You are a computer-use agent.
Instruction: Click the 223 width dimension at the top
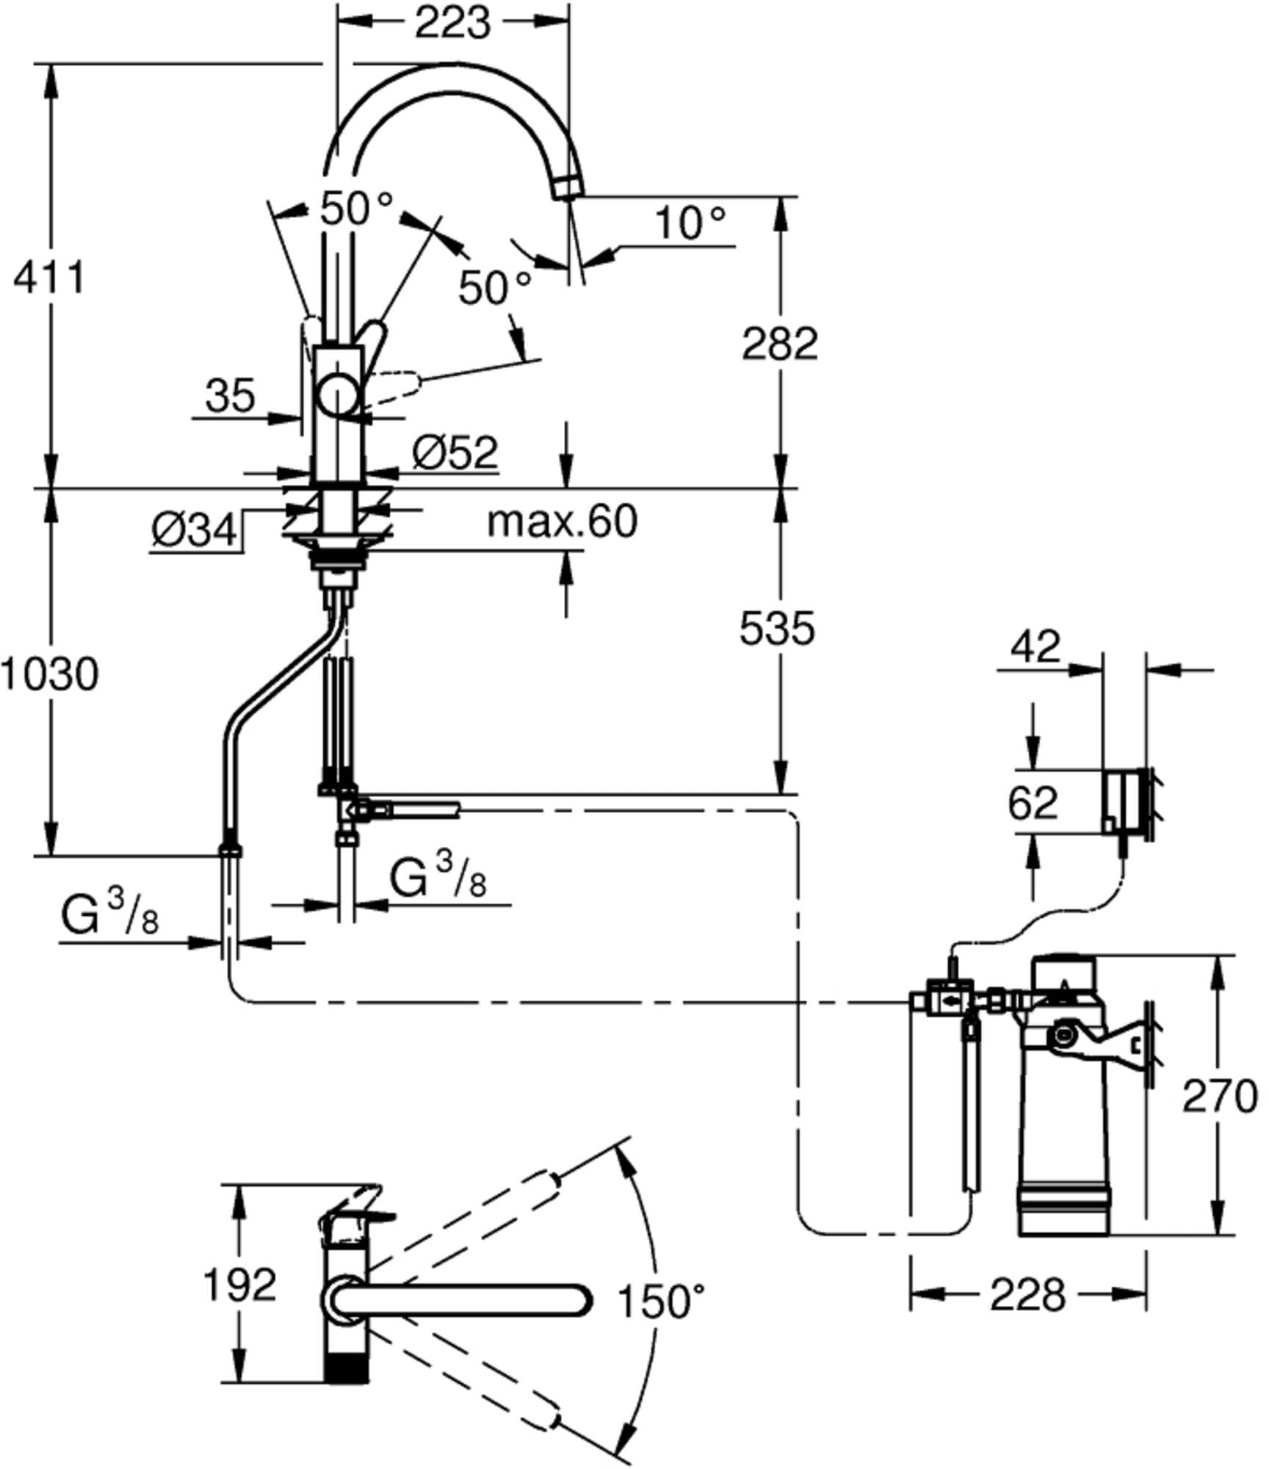click(452, 24)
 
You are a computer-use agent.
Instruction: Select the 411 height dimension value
click(49, 278)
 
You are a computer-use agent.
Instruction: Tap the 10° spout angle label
click(690, 223)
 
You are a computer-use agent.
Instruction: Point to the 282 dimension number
click(780, 343)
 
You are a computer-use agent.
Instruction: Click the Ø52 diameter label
click(455, 452)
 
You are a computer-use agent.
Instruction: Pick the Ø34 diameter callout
click(195, 529)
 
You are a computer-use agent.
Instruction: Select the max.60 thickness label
click(563, 521)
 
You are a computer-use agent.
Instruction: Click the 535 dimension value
click(777, 628)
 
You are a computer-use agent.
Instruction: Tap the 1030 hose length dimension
click(49, 674)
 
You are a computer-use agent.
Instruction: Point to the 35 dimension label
click(231, 395)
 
